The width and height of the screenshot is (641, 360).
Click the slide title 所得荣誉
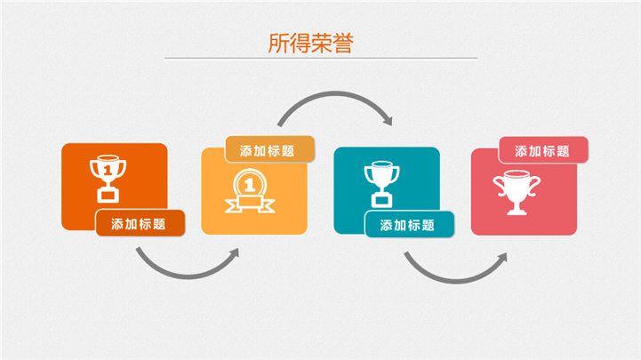[310, 44]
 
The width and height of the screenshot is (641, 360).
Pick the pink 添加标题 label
[543, 150]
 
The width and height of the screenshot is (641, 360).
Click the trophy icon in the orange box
[108, 179]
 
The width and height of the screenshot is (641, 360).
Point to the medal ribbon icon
[250, 191]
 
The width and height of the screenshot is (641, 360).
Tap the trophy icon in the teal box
[381, 184]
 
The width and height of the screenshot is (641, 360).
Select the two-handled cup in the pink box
[517, 193]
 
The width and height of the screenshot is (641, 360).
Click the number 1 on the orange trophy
[108, 170]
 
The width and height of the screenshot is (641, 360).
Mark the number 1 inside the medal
[249, 186]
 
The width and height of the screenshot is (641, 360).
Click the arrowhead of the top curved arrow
[388, 121]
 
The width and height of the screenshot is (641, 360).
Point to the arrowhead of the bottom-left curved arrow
[234, 253]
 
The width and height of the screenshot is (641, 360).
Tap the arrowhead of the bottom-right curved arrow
[502, 258]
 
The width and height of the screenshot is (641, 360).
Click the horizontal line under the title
[321, 59]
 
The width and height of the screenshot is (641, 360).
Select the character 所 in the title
[278, 44]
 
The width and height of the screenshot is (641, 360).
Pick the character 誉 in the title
[343, 44]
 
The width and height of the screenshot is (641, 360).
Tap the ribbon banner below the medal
[250, 204]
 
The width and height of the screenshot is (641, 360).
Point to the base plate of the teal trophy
[381, 201]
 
